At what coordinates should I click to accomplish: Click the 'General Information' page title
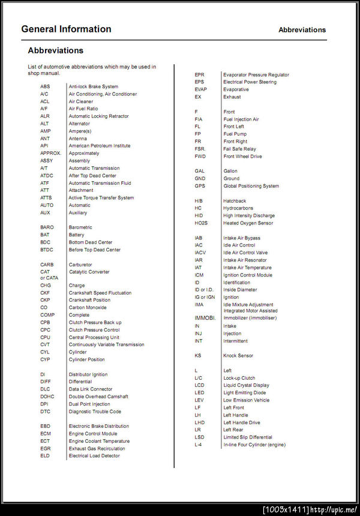click(66, 29)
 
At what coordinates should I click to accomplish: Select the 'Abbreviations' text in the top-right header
click(302, 29)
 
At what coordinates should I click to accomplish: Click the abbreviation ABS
click(45, 86)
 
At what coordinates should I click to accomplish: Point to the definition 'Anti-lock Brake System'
click(94, 86)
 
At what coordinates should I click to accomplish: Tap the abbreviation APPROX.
click(50, 153)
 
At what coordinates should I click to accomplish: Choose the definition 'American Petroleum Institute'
click(100, 146)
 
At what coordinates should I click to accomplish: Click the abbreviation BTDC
click(47, 250)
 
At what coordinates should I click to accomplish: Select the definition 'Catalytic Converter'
click(89, 272)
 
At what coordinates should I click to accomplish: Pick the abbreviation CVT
click(45, 344)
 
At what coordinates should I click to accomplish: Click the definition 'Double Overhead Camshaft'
click(98, 397)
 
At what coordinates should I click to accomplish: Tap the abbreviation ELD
click(45, 455)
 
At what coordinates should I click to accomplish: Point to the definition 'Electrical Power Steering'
click(250, 82)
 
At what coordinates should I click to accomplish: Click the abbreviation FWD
click(200, 157)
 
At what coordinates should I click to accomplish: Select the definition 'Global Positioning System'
click(251, 186)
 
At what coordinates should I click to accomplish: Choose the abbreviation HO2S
click(200, 223)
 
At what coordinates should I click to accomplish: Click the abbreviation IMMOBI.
click(205, 317)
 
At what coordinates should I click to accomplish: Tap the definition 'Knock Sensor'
click(238, 356)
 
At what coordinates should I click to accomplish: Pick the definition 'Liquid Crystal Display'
click(247, 385)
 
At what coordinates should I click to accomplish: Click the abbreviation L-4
click(199, 445)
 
